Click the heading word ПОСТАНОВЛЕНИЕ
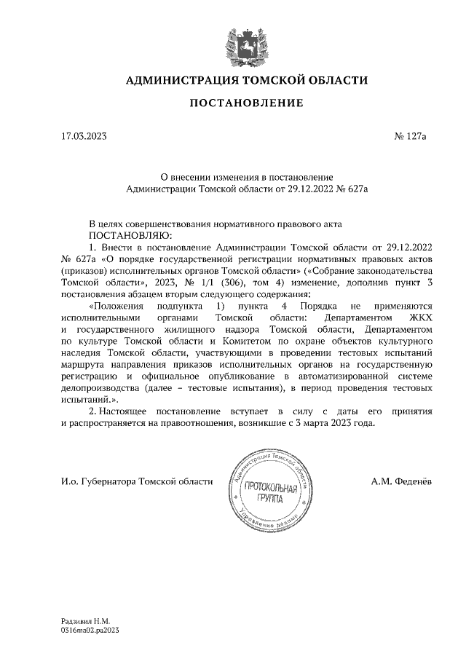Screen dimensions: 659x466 pos(247,103)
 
